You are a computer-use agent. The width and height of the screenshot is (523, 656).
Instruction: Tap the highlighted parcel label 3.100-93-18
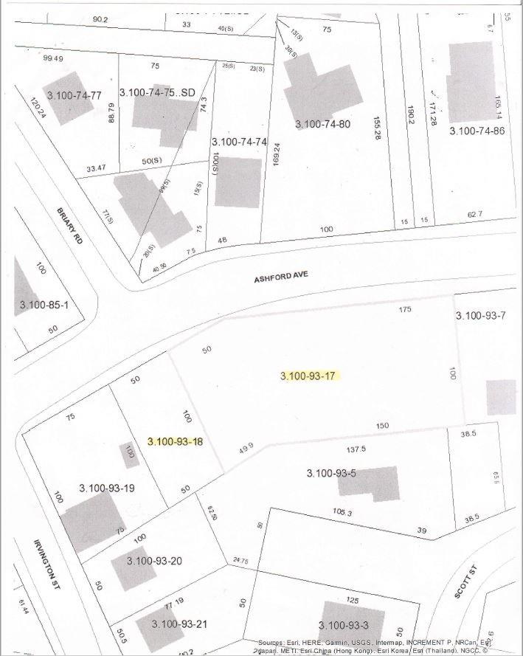[175, 442]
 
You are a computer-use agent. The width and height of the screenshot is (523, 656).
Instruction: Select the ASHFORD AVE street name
[280, 277]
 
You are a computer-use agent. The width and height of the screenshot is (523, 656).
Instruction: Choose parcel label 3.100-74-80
[322, 124]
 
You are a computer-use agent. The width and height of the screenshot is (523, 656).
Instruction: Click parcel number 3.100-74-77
[74, 95]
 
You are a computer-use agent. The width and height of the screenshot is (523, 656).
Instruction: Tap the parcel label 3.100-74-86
[477, 131]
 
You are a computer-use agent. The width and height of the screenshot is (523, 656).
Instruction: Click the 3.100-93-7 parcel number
[480, 315]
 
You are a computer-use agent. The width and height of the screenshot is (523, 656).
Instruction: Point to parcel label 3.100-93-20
[154, 561]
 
